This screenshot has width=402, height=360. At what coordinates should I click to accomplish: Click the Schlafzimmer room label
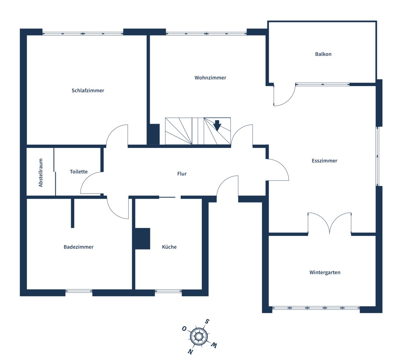coord(88,90)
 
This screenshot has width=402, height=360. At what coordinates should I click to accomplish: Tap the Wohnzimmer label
coord(210,77)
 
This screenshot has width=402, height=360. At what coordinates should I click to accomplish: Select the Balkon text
coord(323,54)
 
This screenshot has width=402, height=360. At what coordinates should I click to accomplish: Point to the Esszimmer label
coord(324,161)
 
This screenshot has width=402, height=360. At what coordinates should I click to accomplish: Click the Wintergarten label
coord(325,272)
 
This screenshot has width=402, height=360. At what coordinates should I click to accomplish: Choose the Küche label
coord(169,247)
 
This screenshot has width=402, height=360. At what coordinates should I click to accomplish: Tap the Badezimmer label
coord(78,247)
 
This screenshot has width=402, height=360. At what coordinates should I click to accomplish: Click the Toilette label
coord(78,172)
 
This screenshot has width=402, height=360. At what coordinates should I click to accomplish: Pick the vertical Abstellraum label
coord(41,172)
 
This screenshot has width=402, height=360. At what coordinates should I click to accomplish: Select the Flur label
coord(182,174)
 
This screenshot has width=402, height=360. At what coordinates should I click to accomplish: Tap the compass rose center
coord(198,337)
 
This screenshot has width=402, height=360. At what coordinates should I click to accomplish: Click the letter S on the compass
coord(207,321)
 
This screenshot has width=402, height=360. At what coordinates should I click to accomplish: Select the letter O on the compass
coord(184,328)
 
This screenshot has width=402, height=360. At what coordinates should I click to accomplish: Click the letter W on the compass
coord(213,345)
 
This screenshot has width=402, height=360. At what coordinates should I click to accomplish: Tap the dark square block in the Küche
coord(142,239)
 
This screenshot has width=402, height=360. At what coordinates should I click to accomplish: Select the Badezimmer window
coord(79,291)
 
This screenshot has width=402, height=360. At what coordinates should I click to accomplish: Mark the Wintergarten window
coord(316,308)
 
